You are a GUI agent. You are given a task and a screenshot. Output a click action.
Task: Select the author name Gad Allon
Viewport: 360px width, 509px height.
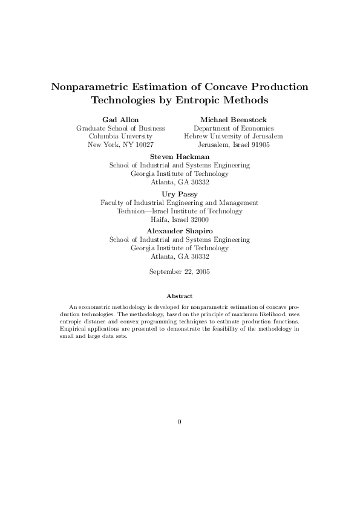tap(120, 120)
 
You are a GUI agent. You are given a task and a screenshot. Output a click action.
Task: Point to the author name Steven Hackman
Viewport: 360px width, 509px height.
tap(180, 157)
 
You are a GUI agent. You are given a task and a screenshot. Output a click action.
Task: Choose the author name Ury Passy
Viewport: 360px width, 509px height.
tap(180, 194)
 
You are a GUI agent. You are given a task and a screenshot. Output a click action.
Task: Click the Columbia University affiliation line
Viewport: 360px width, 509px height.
tap(120, 137)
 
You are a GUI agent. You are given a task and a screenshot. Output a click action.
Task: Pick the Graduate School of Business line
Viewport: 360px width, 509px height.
tap(120, 128)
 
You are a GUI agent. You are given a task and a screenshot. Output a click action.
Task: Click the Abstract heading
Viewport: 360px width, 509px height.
tap(180, 296)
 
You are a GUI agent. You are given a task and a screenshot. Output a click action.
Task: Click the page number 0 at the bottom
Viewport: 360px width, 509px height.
tap(180, 421)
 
